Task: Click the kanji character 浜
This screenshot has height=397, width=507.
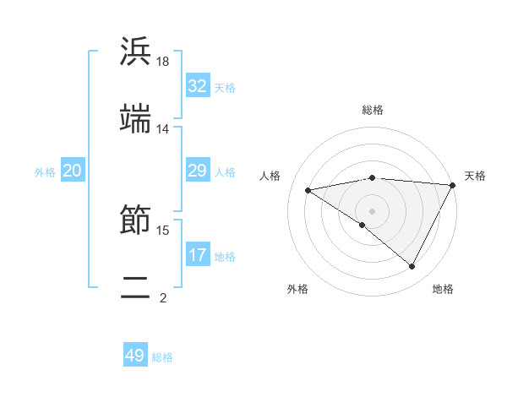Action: tap(136, 52)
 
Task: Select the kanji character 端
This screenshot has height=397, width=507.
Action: tap(136, 119)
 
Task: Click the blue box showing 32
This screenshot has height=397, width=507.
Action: tap(198, 86)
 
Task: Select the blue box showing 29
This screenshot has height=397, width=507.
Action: tap(198, 171)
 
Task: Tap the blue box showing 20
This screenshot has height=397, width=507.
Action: tap(73, 171)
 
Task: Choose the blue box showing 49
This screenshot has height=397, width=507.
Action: tap(135, 356)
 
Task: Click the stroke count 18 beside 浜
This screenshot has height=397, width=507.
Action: tap(164, 62)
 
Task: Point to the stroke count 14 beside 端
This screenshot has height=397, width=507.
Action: tap(163, 129)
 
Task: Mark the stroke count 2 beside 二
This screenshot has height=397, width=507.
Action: tap(163, 297)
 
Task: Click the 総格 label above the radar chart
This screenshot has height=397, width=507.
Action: tap(373, 110)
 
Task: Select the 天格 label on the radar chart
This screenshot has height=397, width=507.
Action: tap(475, 176)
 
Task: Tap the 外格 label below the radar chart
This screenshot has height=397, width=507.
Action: tap(297, 289)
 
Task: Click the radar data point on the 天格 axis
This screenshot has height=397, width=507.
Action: tap(454, 185)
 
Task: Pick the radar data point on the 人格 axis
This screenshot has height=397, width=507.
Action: tap(308, 190)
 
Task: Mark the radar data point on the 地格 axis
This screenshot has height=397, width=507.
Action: tap(412, 266)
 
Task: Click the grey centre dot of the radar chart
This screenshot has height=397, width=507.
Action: tap(373, 210)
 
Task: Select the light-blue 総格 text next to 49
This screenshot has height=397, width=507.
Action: tap(162, 357)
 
